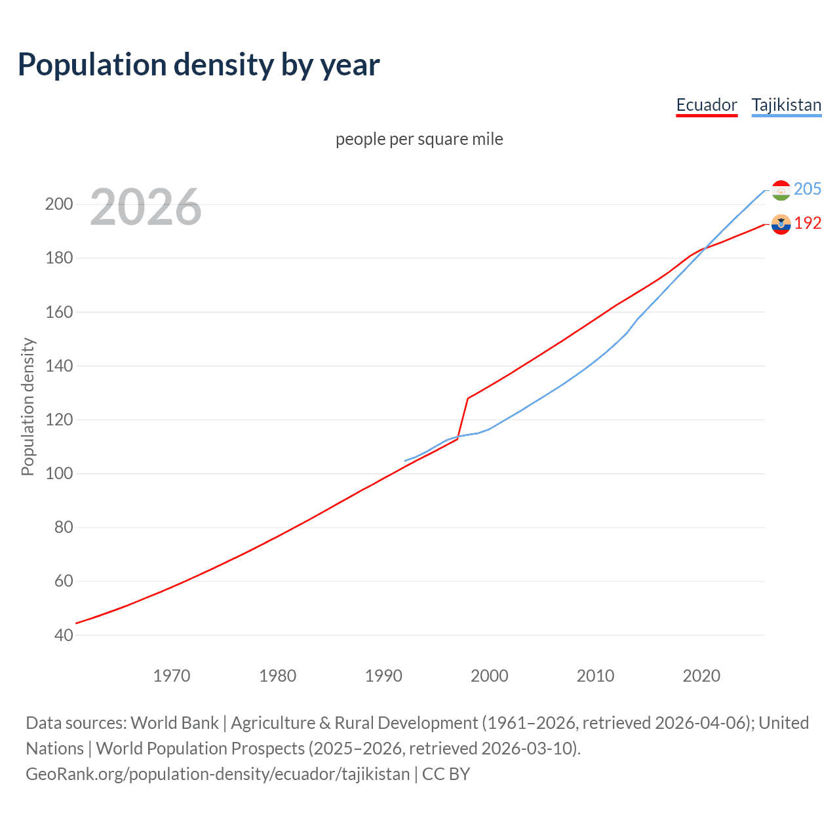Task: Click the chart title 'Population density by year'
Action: coord(199,65)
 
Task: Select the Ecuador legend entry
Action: coord(706,106)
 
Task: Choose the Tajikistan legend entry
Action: coord(786,106)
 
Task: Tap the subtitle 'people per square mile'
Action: coord(419,140)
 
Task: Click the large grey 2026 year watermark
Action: coord(146,207)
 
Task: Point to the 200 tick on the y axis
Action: coord(58,205)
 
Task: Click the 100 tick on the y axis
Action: coord(58,474)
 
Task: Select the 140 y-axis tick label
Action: coord(58,366)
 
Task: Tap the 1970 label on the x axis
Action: coord(172,676)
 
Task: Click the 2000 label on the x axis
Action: coord(490,676)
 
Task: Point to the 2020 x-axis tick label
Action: coord(701,676)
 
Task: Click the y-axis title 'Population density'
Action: coord(28,406)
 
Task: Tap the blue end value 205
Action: coord(807,189)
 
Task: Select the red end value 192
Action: coord(808,224)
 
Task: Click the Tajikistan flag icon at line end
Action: coord(781,190)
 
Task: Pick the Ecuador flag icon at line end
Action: coord(781,224)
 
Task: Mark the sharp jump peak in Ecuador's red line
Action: coord(468,398)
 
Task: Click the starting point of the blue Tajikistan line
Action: coord(405,461)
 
